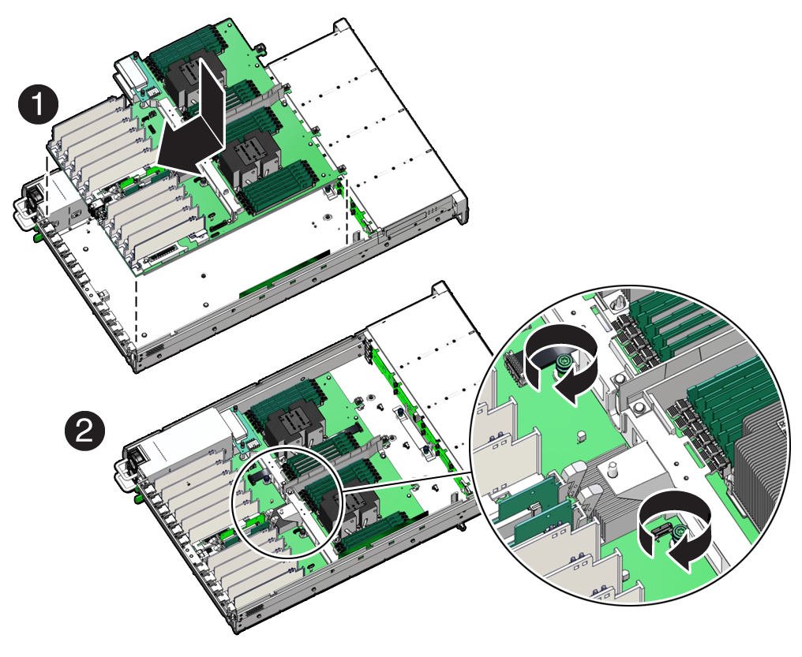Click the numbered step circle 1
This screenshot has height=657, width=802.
click(39, 106)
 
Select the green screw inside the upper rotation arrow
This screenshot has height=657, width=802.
click(563, 361)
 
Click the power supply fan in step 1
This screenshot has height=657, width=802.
click(31, 196)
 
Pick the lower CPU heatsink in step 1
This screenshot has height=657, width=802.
click(250, 159)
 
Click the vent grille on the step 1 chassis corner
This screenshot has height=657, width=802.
click(153, 352)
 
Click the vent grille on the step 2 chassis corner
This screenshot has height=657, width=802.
click(255, 611)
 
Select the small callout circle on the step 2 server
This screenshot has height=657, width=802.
click(289, 502)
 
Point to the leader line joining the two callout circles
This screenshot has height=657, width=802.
click(408, 483)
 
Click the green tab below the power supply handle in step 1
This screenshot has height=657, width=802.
click(36, 238)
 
